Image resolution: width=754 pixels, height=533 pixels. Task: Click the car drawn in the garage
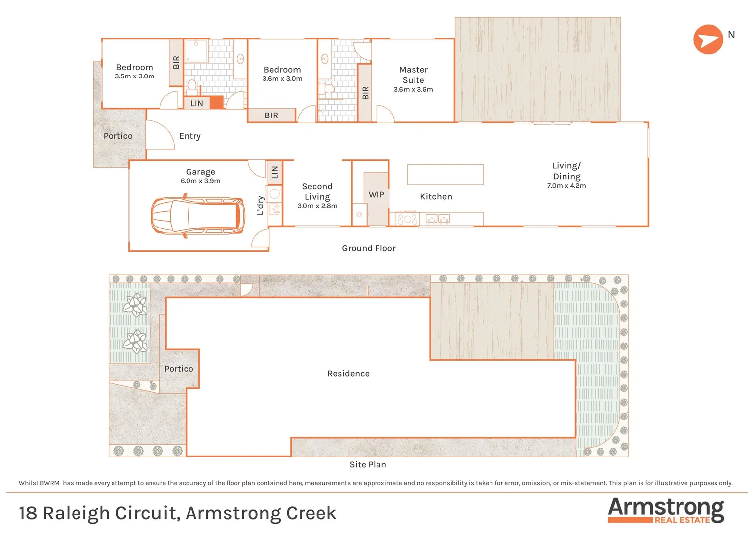pyautogui.click(x=198, y=216)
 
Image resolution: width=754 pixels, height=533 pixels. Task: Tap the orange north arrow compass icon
pyautogui.click(x=708, y=39)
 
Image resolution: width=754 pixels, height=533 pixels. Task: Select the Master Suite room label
pyautogui.click(x=413, y=75)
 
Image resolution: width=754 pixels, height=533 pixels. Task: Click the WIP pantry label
pyautogui.click(x=377, y=195)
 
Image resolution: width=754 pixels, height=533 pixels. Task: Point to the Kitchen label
pyautogui.click(x=436, y=197)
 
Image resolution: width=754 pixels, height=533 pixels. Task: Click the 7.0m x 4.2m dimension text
pyautogui.click(x=566, y=186)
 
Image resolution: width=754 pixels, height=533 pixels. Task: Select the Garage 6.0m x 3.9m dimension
pyautogui.click(x=200, y=181)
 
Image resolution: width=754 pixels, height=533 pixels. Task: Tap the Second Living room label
pyautogui.click(x=317, y=191)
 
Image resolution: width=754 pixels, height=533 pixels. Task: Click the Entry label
pyautogui.click(x=190, y=136)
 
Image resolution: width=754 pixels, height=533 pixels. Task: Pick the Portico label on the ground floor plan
pyautogui.click(x=118, y=136)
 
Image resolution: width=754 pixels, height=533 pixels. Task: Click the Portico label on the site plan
pyautogui.click(x=179, y=369)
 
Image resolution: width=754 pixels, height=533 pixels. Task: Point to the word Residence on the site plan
pyautogui.click(x=348, y=374)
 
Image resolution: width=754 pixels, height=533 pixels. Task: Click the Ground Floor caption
pyautogui.click(x=369, y=248)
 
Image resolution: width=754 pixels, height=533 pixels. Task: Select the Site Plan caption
pyautogui.click(x=368, y=465)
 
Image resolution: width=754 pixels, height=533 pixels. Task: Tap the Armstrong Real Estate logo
pyautogui.click(x=666, y=510)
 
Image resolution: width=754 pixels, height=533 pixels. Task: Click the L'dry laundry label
pyautogui.click(x=260, y=205)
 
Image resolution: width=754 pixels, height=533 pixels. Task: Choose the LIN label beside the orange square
pyautogui.click(x=197, y=104)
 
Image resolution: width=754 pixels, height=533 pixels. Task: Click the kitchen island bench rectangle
pyautogui.click(x=445, y=175)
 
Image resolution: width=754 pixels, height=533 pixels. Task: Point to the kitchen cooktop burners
pyautogui.click(x=407, y=219)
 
